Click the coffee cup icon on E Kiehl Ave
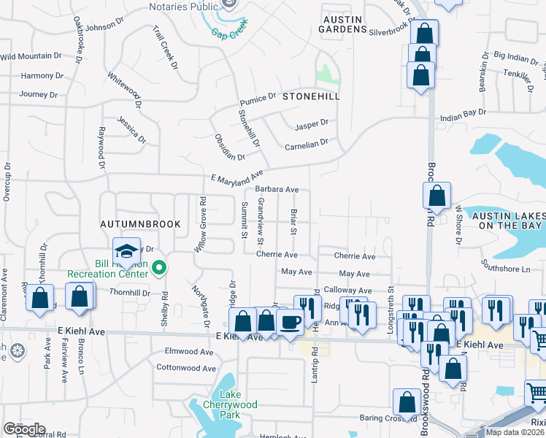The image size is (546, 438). click(x=289, y=321)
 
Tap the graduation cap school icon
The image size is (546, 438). click(x=126, y=250)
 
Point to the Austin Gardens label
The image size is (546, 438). click(x=342, y=23)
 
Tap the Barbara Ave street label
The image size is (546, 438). click(x=277, y=189)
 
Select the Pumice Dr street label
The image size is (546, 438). click(x=257, y=97)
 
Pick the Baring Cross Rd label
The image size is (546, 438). click(x=388, y=418)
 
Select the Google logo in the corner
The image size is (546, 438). click(x=24, y=429)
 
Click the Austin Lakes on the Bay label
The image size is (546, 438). click(x=508, y=221)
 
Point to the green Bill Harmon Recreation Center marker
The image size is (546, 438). click(x=160, y=269)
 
